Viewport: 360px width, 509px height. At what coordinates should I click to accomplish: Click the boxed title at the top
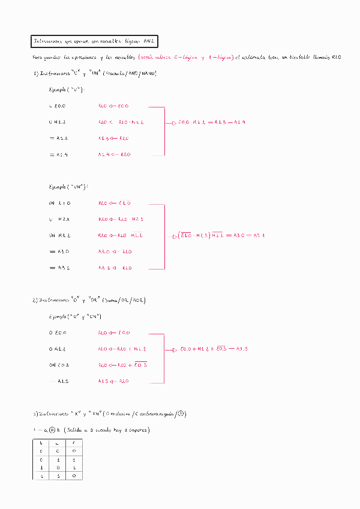[94, 41]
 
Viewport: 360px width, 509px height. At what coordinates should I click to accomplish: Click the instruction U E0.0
[58, 106]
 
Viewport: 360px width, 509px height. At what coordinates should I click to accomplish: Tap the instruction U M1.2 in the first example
[58, 122]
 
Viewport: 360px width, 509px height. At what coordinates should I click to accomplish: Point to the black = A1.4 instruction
[58, 154]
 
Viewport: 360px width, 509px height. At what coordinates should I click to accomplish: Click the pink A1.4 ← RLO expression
[114, 154]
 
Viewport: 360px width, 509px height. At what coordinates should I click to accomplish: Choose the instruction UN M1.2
[59, 235]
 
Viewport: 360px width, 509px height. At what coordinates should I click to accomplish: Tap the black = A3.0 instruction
[59, 251]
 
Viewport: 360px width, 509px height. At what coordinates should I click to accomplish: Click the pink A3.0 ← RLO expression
[114, 251]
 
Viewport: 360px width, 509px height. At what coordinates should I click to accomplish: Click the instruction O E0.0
[58, 333]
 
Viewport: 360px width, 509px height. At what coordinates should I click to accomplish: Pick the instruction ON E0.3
[59, 365]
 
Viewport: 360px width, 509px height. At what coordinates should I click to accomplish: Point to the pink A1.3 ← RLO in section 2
[113, 381]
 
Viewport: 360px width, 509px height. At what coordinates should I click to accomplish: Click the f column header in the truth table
[73, 442]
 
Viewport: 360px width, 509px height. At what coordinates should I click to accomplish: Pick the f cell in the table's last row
[73, 475]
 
